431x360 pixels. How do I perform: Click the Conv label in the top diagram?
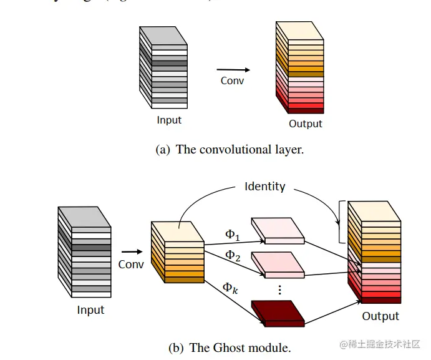coord(232,80)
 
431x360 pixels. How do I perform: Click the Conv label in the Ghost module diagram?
coord(131,265)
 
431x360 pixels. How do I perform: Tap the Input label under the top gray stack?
coord(169,120)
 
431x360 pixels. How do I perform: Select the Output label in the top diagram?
coord(305,124)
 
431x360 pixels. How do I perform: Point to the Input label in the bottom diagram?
coord(90,310)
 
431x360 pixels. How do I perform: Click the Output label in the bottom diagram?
coord(380,316)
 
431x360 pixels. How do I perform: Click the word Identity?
coord(264,186)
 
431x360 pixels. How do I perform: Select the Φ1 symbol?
coord(231,235)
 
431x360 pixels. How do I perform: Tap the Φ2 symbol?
coord(232,256)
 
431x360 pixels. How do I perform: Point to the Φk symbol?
coord(231,288)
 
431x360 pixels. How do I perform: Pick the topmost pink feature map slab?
coord(278,231)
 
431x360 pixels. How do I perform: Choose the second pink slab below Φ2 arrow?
coord(278,265)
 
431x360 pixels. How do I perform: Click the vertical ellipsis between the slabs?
coord(279,289)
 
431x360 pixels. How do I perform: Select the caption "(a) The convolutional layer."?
coord(230,150)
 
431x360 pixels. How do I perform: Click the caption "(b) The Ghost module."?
coord(230,348)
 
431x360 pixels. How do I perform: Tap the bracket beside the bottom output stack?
coord(340,221)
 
